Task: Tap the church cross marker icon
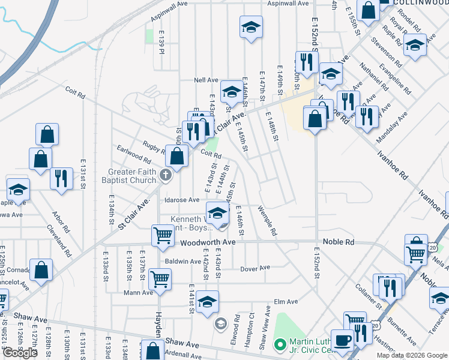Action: [x=166, y=176]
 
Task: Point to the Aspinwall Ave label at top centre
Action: [x=283, y=4]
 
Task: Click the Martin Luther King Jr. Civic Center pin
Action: [x=278, y=345]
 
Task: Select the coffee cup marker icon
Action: [x=343, y=340]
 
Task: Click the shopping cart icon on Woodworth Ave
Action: [x=163, y=236]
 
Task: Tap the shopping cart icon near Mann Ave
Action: [x=160, y=278]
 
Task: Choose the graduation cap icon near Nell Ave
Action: [x=231, y=91]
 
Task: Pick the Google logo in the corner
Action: [x=20, y=353]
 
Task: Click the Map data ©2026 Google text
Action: [x=411, y=355]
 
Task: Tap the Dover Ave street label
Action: [x=255, y=268]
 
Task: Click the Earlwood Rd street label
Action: [x=134, y=155]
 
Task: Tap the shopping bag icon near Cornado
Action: [x=41, y=271]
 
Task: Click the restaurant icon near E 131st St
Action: [x=61, y=179]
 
